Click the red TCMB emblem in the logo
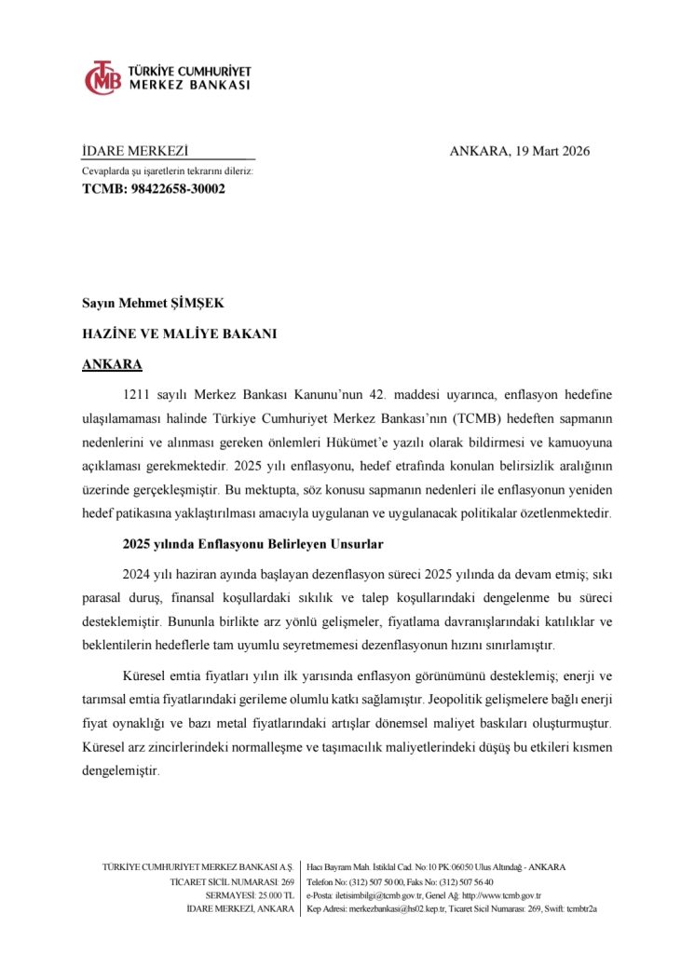tap(103, 78)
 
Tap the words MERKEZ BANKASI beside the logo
tap(189, 85)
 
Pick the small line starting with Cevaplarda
tap(168, 171)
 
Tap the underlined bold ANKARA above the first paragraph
tap(113, 363)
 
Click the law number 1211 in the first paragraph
tap(137, 394)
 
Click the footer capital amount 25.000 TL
tap(276, 895)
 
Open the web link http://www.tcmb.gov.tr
tap(502, 895)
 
